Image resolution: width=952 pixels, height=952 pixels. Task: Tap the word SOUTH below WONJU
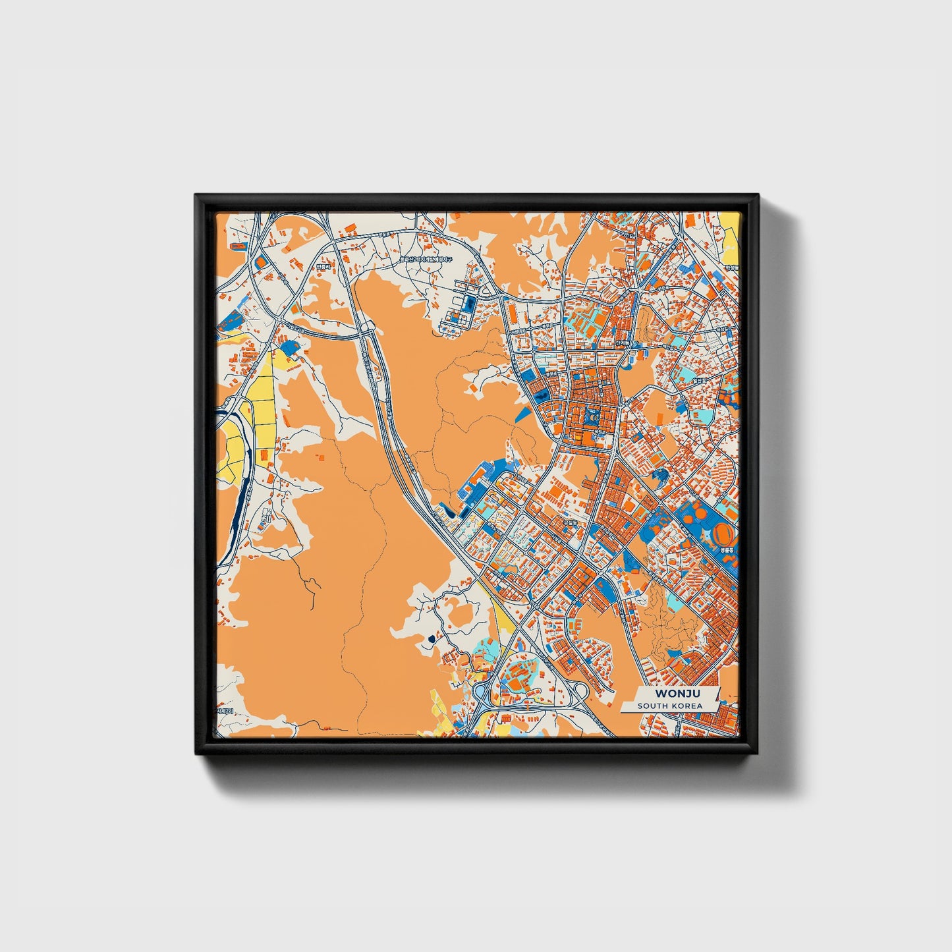(x=652, y=706)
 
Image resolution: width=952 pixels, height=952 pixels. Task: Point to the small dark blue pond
(x=432, y=638)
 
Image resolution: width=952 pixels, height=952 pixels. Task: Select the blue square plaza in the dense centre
(x=591, y=416)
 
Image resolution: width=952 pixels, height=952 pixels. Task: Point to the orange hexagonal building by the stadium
(x=688, y=520)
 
